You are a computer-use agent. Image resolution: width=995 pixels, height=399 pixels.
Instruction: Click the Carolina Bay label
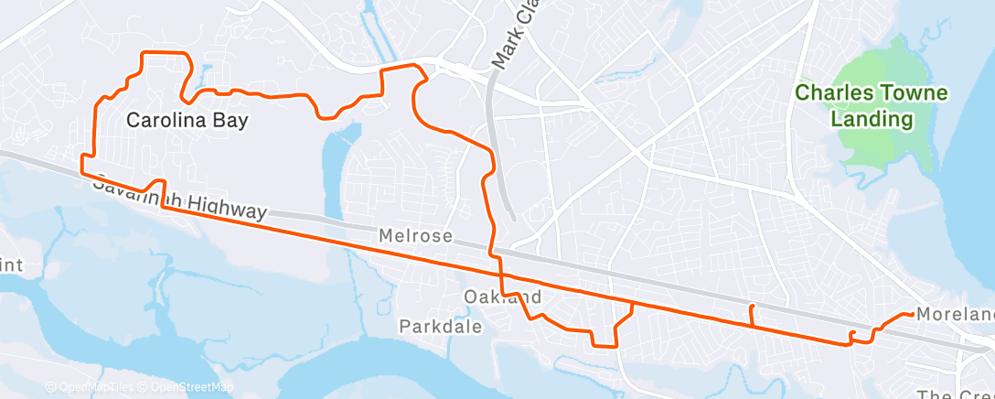click(187, 120)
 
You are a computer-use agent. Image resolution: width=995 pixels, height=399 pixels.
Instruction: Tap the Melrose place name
click(416, 236)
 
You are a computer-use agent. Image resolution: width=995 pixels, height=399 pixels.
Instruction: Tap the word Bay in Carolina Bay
click(232, 120)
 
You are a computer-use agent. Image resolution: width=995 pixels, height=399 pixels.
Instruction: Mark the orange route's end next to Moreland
click(911, 314)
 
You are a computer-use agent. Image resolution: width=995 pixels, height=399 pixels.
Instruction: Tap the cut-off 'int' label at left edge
click(11, 264)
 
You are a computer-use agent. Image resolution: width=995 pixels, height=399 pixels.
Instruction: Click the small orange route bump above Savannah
click(155, 184)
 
